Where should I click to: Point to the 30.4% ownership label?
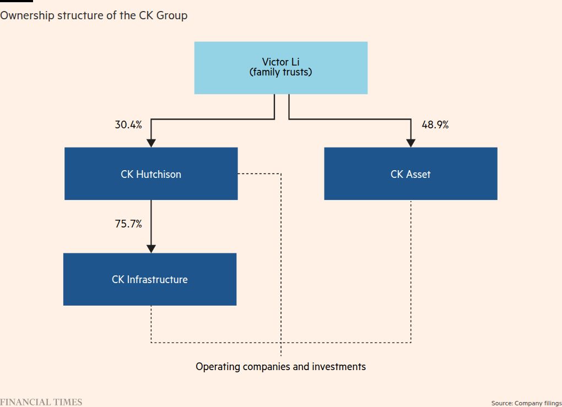pyautogui.click(x=128, y=125)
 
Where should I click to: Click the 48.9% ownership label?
pyautogui.click(x=435, y=125)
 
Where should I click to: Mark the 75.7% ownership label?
pyautogui.click(x=128, y=224)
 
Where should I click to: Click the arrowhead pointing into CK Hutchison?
pyautogui.click(x=151, y=143)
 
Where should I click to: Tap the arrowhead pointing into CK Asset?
pyautogui.click(x=410, y=143)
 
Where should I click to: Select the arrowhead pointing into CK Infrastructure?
pyautogui.click(x=151, y=248)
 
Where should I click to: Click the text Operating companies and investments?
pyautogui.click(x=280, y=367)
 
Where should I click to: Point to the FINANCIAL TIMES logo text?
pyautogui.click(x=41, y=402)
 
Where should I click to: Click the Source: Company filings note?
pyautogui.click(x=526, y=403)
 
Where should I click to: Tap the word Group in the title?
pyautogui.click(x=171, y=15)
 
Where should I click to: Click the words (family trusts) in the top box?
pyautogui.click(x=280, y=72)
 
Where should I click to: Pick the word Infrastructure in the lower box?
pyautogui.click(x=157, y=279)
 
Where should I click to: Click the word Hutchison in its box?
pyautogui.click(x=159, y=174)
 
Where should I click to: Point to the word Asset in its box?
pyautogui.click(x=418, y=174)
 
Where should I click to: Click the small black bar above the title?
pyautogui.click(x=16, y=1)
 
